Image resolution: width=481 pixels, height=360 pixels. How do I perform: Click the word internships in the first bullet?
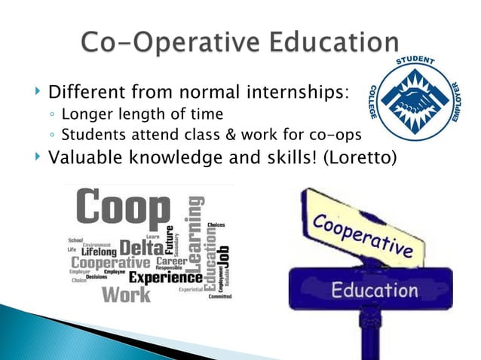click(x=293, y=94)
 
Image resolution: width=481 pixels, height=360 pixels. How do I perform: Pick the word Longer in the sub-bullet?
click(x=87, y=114)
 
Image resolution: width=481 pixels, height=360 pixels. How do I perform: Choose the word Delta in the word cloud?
click(x=141, y=246)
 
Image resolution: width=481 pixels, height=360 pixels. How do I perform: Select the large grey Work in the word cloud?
click(x=126, y=293)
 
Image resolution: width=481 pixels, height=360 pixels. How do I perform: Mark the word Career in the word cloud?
click(x=171, y=261)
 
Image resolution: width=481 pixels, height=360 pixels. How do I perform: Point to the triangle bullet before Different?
click(x=38, y=95)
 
